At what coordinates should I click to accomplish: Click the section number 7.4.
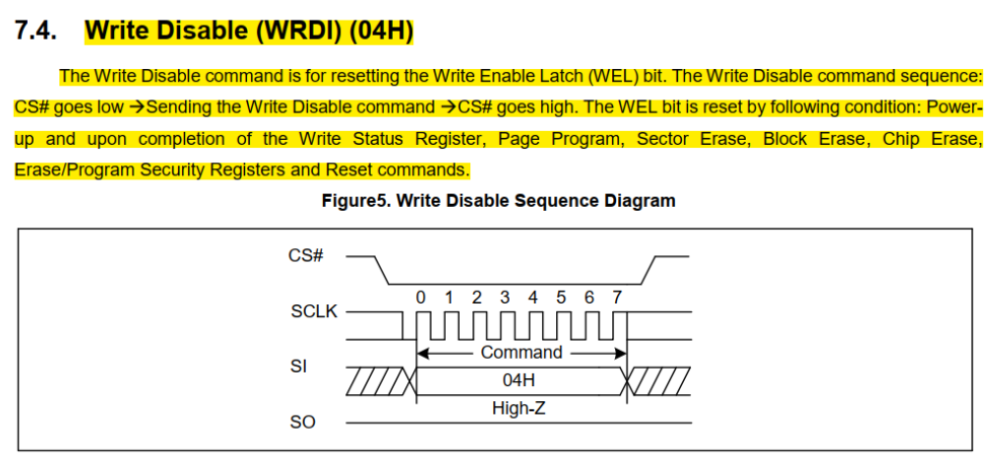tap(36, 32)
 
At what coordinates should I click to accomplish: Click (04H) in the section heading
tap(380, 32)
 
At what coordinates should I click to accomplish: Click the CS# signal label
tap(306, 255)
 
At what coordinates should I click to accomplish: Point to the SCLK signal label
tap(314, 311)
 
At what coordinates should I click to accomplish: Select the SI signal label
tap(299, 367)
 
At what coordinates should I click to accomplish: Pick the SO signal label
tap(303, 423)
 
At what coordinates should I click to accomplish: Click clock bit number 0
tap(421, 297)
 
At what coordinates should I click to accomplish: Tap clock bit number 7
tap(617, 297)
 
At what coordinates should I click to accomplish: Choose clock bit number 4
tap(533, 297)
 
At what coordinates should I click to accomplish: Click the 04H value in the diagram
tap(522, 379)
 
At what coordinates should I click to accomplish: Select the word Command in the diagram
tap(522, 352)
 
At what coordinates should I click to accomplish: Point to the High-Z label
tap(519, 406)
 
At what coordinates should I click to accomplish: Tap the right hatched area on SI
tap(660, 379)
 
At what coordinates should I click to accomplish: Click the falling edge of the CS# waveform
tap(386, 269)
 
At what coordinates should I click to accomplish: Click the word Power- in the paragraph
tap(950, 106)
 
